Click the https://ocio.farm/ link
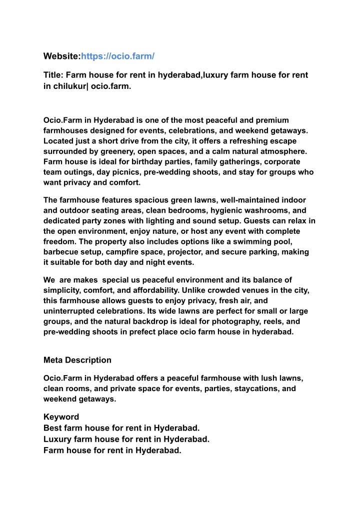coord(117,56)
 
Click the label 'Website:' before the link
coord(62,56)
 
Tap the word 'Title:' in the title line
coord(53,75)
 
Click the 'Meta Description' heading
coord(77,360)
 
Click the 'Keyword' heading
coord(61,417)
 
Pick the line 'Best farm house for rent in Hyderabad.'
coord(121,428)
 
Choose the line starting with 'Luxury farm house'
coord(126,439)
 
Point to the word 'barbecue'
coord(60,252)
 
